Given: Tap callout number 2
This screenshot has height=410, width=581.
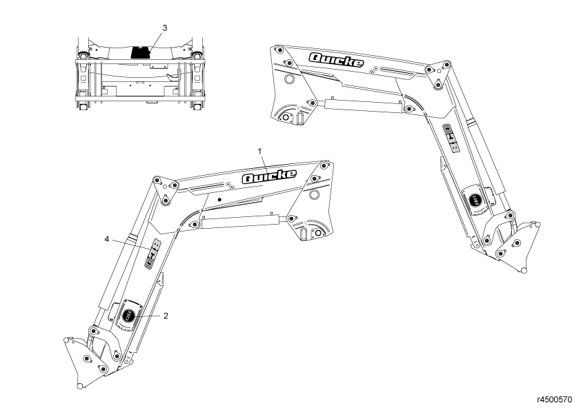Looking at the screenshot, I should click(x=166, y=316).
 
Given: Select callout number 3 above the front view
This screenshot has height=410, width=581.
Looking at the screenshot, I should click(x=164, y=28).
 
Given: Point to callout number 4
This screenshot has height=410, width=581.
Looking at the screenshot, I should click(x=107, y=239).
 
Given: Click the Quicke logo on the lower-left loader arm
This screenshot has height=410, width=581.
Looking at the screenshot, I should click(x=269, y=176).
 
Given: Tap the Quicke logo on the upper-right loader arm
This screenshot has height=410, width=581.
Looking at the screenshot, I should click(x=336, y=60).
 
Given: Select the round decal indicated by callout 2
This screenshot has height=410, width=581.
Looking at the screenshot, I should click(x=129, y=316).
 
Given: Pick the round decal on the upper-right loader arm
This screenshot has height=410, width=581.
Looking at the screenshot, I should click(x=475, y=199).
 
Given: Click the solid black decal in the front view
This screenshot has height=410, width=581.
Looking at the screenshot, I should click(x=141, y=52).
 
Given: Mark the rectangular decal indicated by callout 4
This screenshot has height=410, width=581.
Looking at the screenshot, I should click(x=152, y=253).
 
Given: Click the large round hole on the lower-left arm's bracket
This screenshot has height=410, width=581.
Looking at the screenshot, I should click(x=315, y=196).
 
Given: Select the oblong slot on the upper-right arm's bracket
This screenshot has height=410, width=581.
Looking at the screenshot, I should click(x=301, y=119).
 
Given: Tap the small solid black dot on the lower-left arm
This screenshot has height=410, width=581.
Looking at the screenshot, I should click(x=219, y=199).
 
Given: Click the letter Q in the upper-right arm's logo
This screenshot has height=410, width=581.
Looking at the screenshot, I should click(x=318, y=57).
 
